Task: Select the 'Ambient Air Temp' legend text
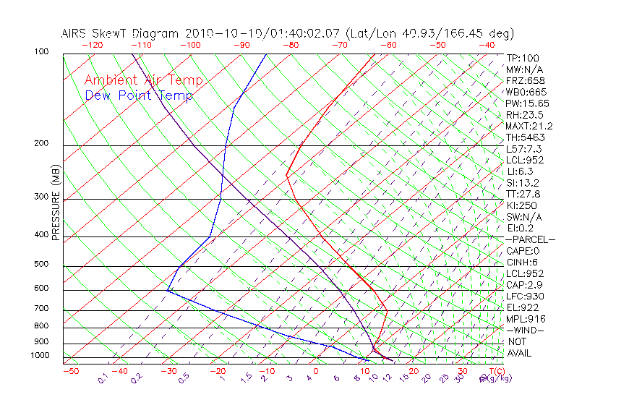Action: click(x=143, y=80)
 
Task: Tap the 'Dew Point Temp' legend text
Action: click(x=138, y=95)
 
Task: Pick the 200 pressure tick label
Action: click(x=40, y=143)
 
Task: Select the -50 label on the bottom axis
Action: click(x=70, y=371)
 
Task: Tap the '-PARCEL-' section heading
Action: click(x=531, y=239)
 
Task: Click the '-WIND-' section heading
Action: click(x=525, y=330)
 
